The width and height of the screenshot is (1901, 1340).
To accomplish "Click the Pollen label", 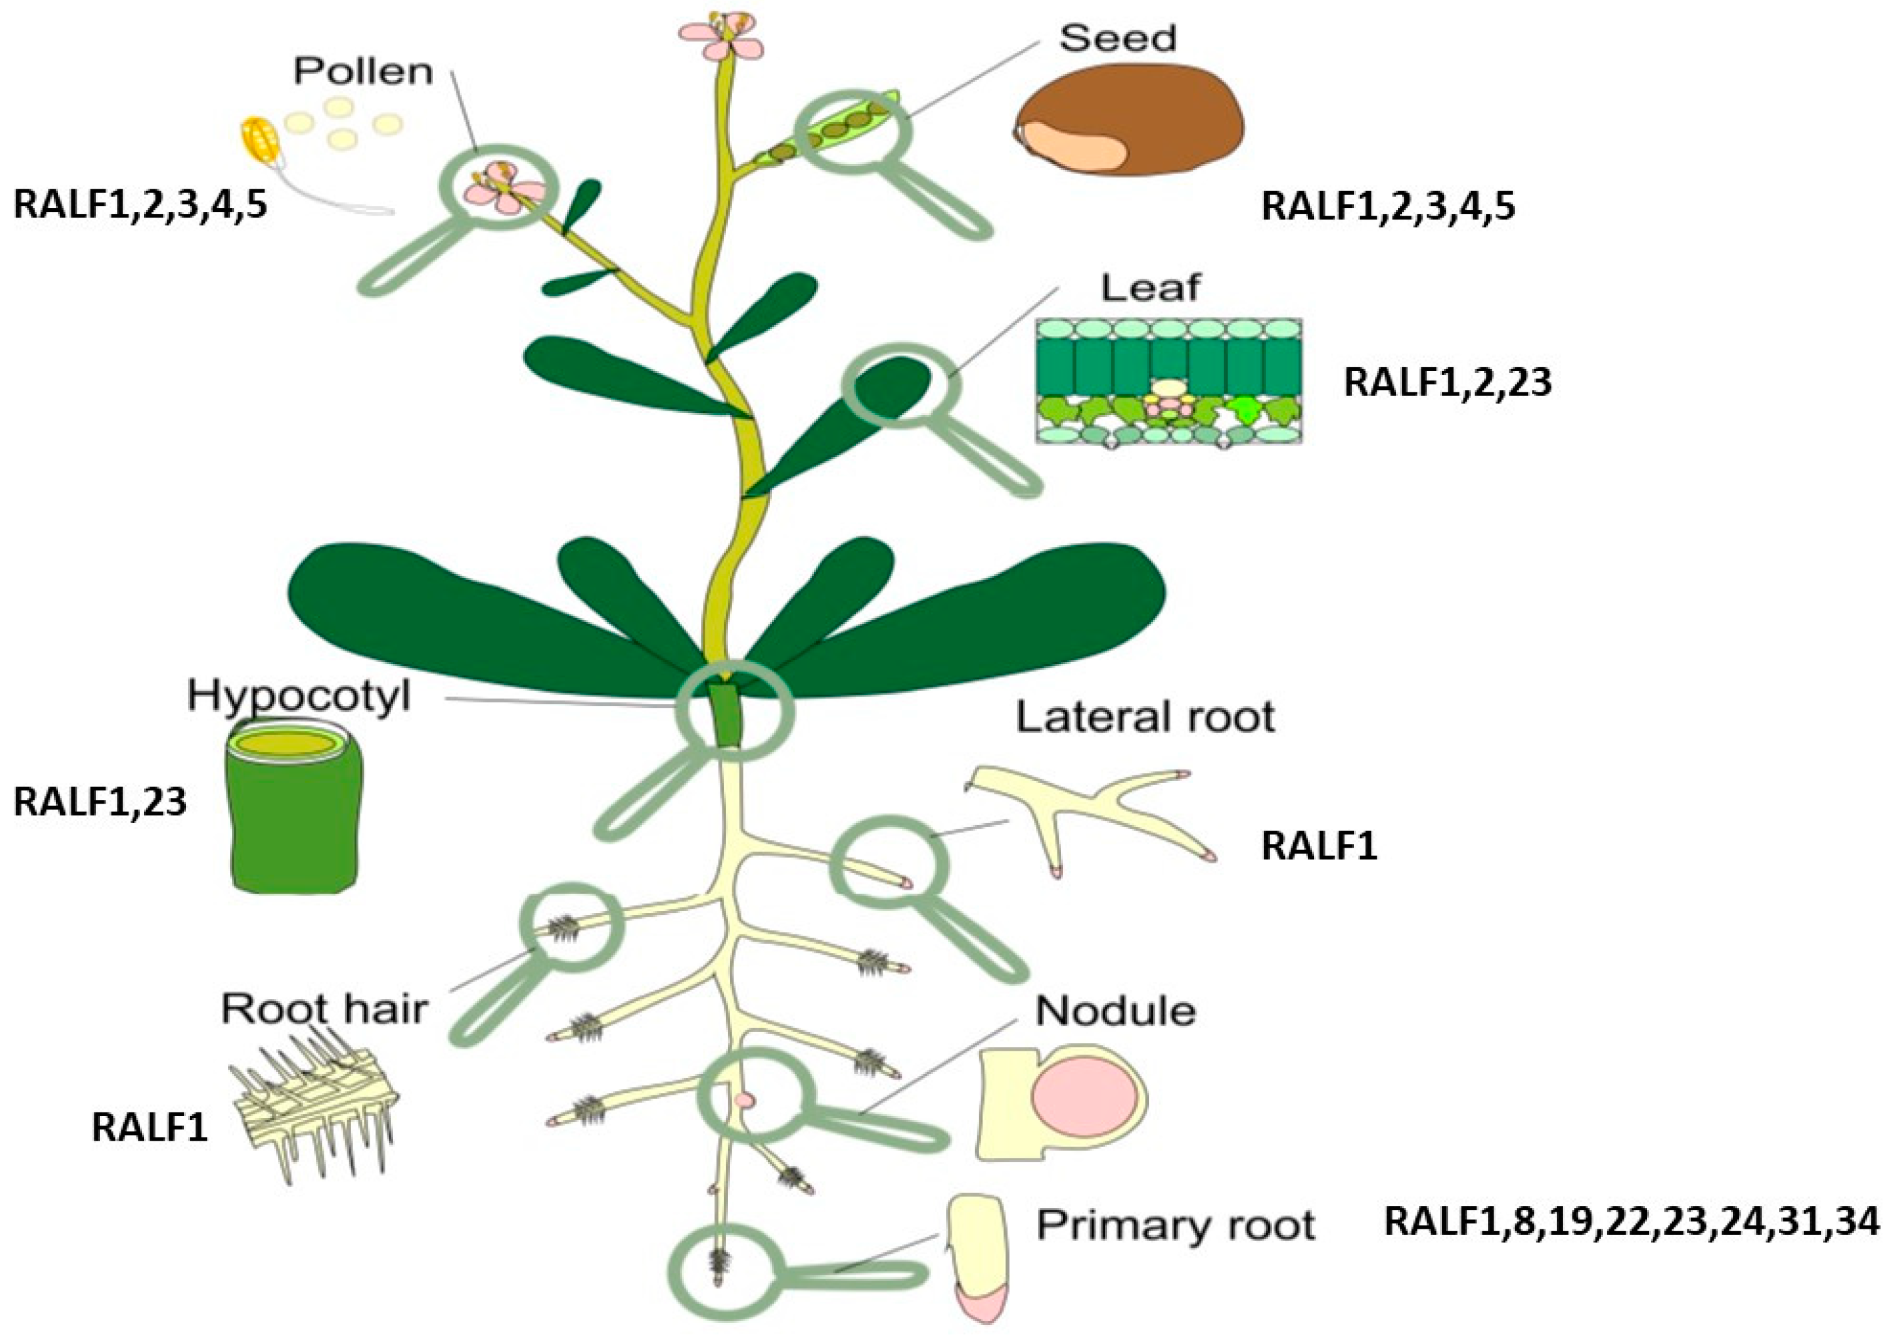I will tap(363, 72).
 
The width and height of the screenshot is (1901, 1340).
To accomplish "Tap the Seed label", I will tap(1118, 38).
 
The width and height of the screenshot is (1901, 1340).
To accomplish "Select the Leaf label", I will tap(1150, 287).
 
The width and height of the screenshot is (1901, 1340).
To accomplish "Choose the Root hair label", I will tap(324, 1009).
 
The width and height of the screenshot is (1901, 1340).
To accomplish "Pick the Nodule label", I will tap(1115, 1011).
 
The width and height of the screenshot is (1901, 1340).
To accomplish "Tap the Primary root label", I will tap(1176, 1225).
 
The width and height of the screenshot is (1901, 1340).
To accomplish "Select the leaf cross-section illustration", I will tap(1168, 380).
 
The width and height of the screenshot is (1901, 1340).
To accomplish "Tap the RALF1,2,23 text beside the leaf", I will tap(1446, 382).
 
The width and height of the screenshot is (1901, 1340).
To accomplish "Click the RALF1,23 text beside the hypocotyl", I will tap(100, 802).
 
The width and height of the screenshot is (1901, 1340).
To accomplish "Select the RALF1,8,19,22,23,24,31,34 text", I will tap(1631, 1222).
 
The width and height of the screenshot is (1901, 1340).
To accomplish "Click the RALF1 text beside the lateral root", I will tap(1319, 846).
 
